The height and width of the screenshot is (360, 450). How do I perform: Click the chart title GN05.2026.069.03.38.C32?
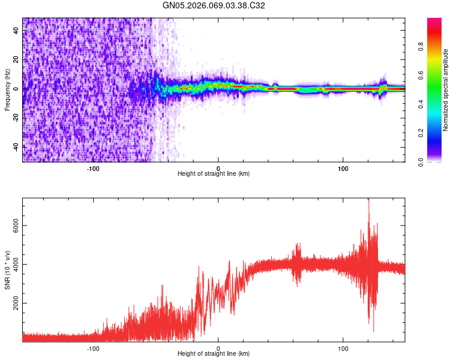(x=214, y=5)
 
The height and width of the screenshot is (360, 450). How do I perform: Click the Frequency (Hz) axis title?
(x=7, y=90)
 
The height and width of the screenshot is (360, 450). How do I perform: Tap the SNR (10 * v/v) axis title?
(x=7, y=270)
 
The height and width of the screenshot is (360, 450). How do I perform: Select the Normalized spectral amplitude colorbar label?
(x=446, y=90)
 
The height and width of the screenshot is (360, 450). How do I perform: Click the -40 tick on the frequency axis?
(x=17, y=146)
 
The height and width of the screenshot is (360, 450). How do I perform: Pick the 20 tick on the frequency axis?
(x=17, y=60)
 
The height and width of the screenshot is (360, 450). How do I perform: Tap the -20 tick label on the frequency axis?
(x=17, y=118)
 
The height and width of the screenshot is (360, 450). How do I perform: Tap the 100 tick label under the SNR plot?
(x=343, y=348)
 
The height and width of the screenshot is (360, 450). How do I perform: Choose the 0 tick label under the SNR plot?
(x=218, y=348)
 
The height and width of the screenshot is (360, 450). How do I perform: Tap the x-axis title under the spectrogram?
(x=214, y=174)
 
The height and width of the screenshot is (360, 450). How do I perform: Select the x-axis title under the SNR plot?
(x=214, y=355)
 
